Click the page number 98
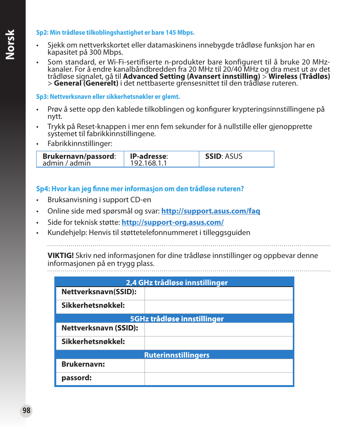click(26, 411)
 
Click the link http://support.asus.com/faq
click(211, 211)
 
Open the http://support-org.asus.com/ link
click(172, 223)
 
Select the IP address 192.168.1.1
click(148, 163)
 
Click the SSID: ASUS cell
click(224, 156)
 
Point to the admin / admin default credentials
click(66, 163)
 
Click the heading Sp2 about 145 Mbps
click(115, 32)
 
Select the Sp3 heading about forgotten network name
click(108, 97)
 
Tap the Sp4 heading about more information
click(140, 189)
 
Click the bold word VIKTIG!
click(60, 256)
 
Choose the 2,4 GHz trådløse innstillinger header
click(177, 283)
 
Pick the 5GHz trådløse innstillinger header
click(177, 319)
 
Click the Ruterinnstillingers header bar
click(177, 355)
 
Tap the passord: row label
click(77, 378)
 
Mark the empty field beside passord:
click(218, 379)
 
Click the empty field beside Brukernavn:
click(218, 366)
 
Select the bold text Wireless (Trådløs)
click(299, 77)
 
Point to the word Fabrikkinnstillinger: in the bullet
click(80, 144)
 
